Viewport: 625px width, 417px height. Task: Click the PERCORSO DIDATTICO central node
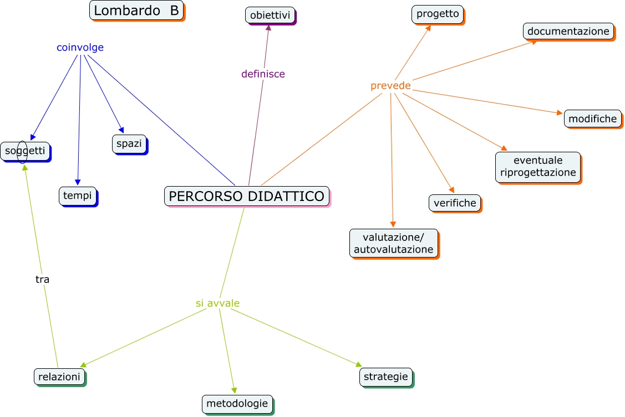click(247, 196)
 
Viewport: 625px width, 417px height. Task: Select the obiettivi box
click(270, 15)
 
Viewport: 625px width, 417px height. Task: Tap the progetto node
click(438, 14)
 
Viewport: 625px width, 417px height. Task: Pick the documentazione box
click(568, 31)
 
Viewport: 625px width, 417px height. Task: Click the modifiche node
click(592, 119)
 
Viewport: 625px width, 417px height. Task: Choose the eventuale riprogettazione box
click(538, 166)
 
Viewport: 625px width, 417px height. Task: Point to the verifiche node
click(455, 203)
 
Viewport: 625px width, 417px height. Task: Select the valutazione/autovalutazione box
click(393, 243)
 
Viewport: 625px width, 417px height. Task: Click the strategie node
click(386, 377)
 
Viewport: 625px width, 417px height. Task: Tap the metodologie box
click(237, 404)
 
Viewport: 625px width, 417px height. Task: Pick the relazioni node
click(59, 377)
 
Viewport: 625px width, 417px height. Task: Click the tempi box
click(77, 195)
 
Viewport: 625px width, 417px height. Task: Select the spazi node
click(129, 143)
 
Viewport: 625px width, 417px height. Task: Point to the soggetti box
click(25, 151)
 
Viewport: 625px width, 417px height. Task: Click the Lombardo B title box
click(136, 10)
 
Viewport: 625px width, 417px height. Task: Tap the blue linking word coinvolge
click(80, 48)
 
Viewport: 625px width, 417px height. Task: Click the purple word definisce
click(263, 74)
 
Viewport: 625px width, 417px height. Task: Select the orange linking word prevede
click(390, 86)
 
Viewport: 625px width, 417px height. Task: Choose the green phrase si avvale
click(217, 303)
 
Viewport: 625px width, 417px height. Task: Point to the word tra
click(43, 280)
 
